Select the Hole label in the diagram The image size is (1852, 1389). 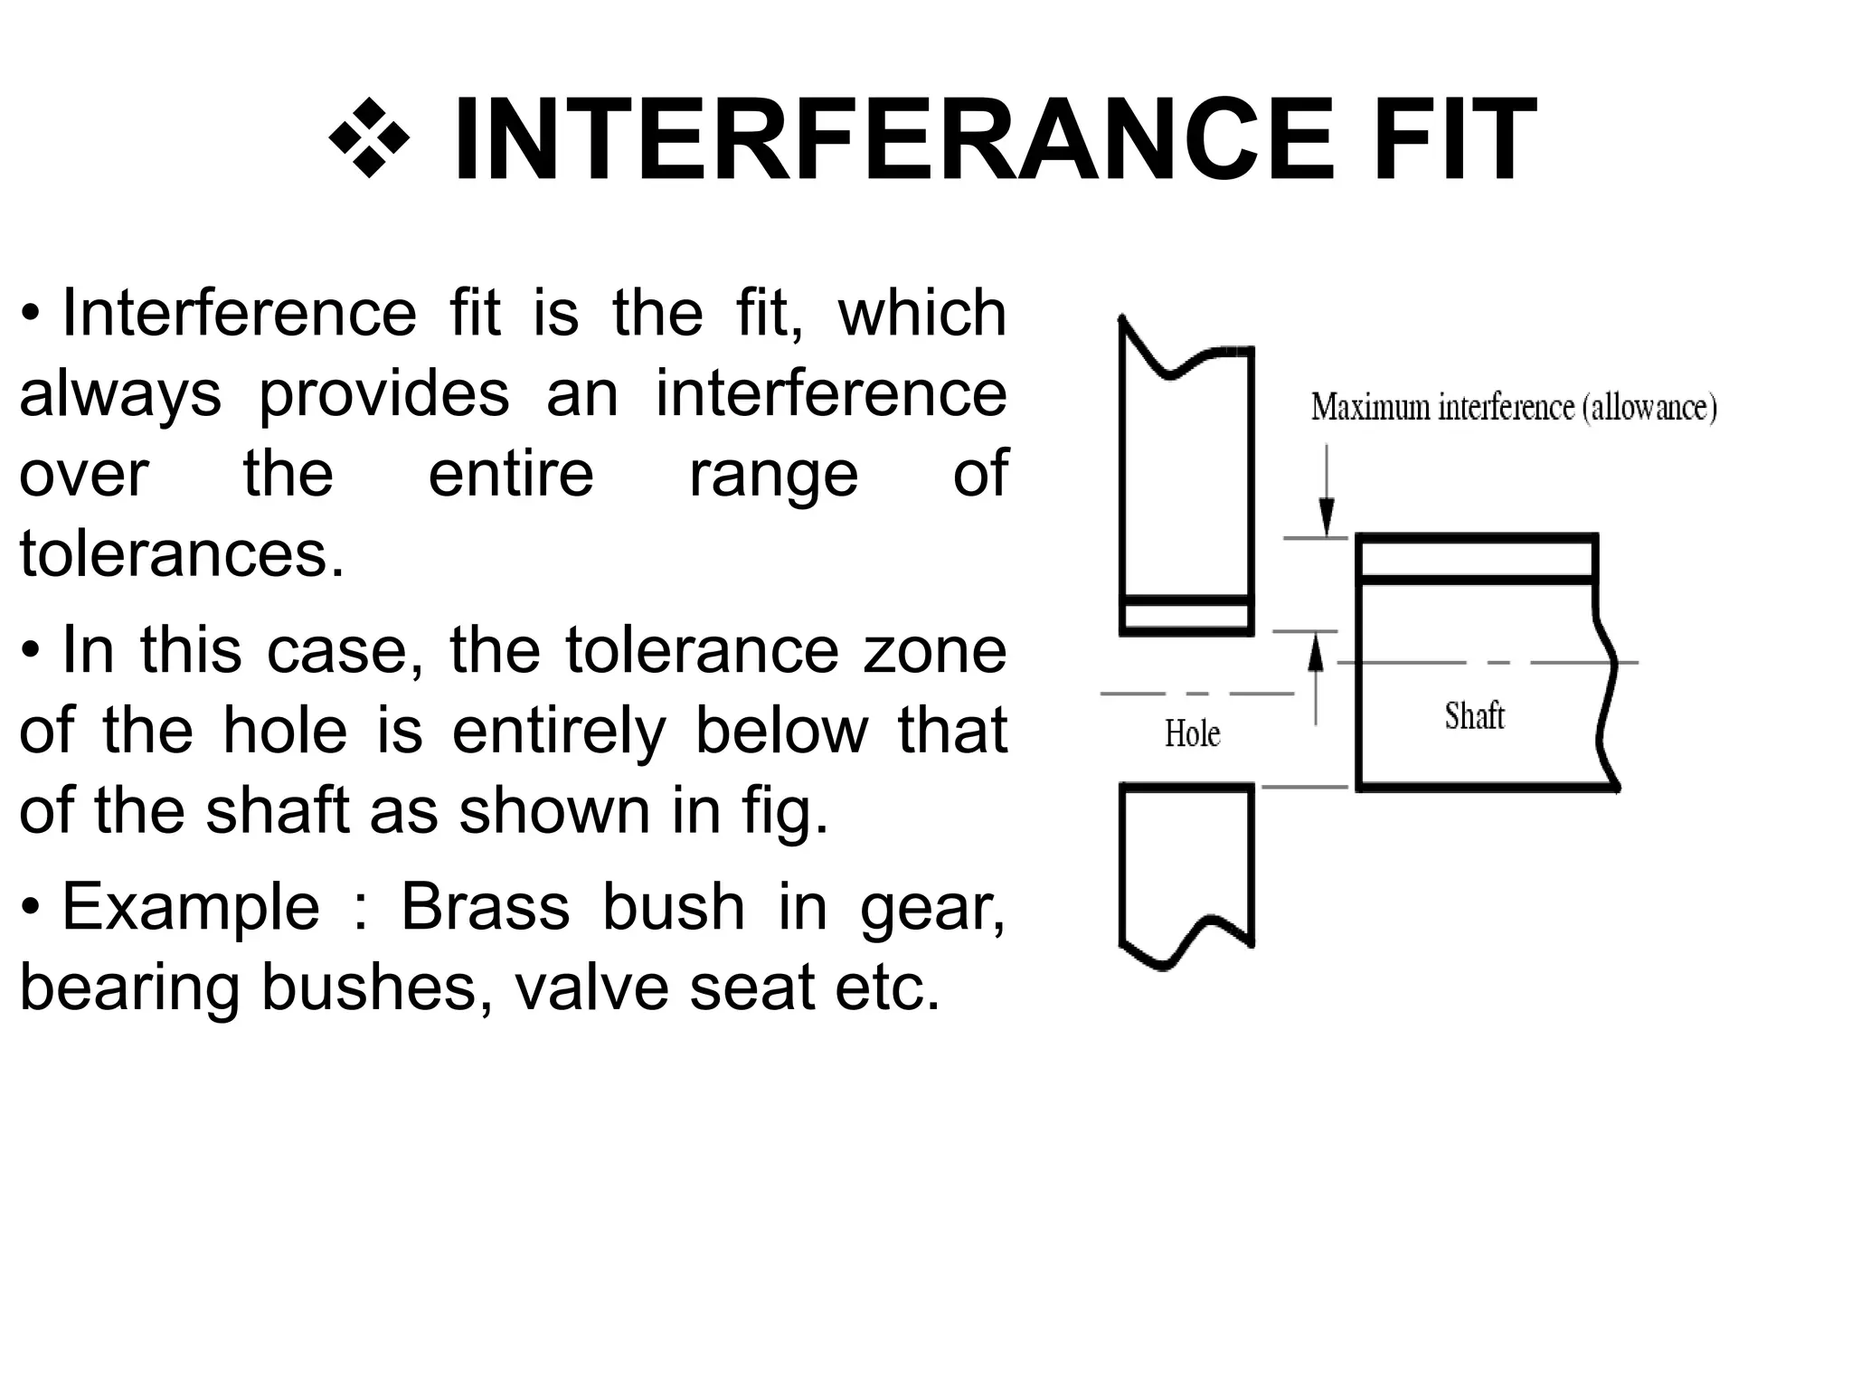tap(1191, 733)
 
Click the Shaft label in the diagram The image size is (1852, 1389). tap(1473, 716)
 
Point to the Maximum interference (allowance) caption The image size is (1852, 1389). tap(1513, 408)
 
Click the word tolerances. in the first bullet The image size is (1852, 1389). tap(182, 553)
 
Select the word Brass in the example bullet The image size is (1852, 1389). tap(485, 906)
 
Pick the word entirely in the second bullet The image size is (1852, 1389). tap(559, 730)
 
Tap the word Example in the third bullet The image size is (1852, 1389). tap(191, 906)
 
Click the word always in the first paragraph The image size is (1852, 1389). tap(120, 394)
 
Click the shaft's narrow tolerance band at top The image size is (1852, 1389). tap(1477, 559)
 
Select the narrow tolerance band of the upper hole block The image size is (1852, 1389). tap(1186, 617)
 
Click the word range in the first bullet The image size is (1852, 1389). tap(773, 474)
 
